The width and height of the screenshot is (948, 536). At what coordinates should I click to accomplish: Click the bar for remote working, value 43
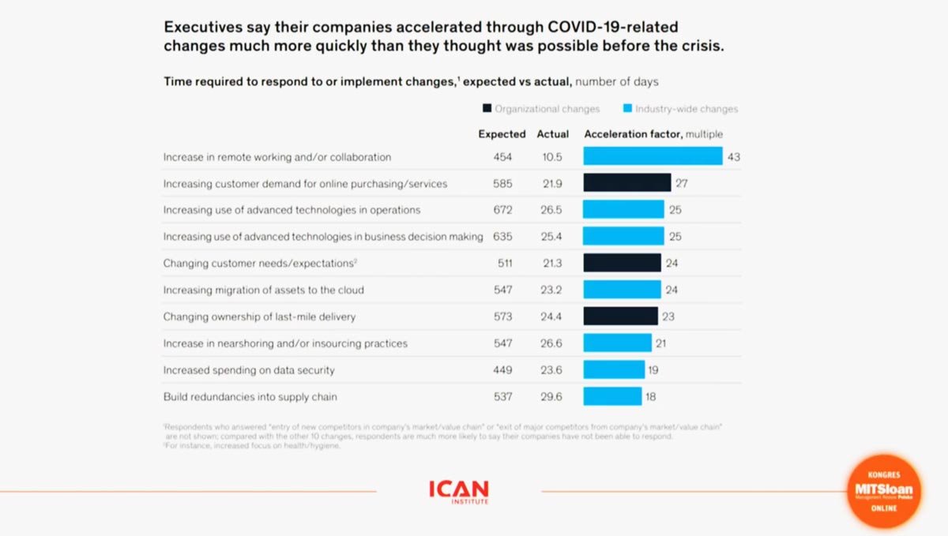pyautogui.click(x=653, y=156)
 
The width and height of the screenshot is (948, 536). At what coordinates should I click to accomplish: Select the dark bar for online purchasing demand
pyautogui.click(x=627, y=183)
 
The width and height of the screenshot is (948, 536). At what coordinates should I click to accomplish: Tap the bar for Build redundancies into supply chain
pyautogui.click(x=612, y=396)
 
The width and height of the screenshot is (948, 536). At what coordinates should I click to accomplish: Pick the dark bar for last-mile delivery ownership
pyautogui.click(x=620, y=317)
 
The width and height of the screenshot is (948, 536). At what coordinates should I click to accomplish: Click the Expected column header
pyautogui.click(x=502, y=134)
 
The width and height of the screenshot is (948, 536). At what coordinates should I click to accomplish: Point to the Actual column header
pyautogui.click(x=553, y=134)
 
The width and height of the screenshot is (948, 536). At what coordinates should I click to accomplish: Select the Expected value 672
pyautogui.click(x=502, y=210)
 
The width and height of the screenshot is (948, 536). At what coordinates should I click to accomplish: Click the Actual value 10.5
pyautogui.click(x=553, y=157)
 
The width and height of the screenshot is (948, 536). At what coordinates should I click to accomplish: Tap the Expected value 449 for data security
pyautogui.click(x=502, y=370)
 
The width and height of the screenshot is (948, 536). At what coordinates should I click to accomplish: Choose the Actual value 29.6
pyautogui.click(x=553, y=396)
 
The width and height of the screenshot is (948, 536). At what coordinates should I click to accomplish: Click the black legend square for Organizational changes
pyautogui.click(x=487, y=109)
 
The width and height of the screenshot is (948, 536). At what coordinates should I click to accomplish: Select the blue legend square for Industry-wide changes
pyautogui.click(x=627, y=109)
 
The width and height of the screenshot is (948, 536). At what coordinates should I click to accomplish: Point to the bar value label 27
pyautogui.click(x=682, y=184)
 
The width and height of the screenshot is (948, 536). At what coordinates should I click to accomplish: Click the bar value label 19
pyautogui.click(x=653, y=370)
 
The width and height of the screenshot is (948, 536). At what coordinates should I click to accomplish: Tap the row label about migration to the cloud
pyautogui.click(x=263, y=290)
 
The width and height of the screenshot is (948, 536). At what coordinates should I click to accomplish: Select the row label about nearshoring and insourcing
pyautogui.click(x=285, y=343)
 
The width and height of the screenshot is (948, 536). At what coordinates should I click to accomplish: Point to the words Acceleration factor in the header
pyautogui.click(x=633, y=134)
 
